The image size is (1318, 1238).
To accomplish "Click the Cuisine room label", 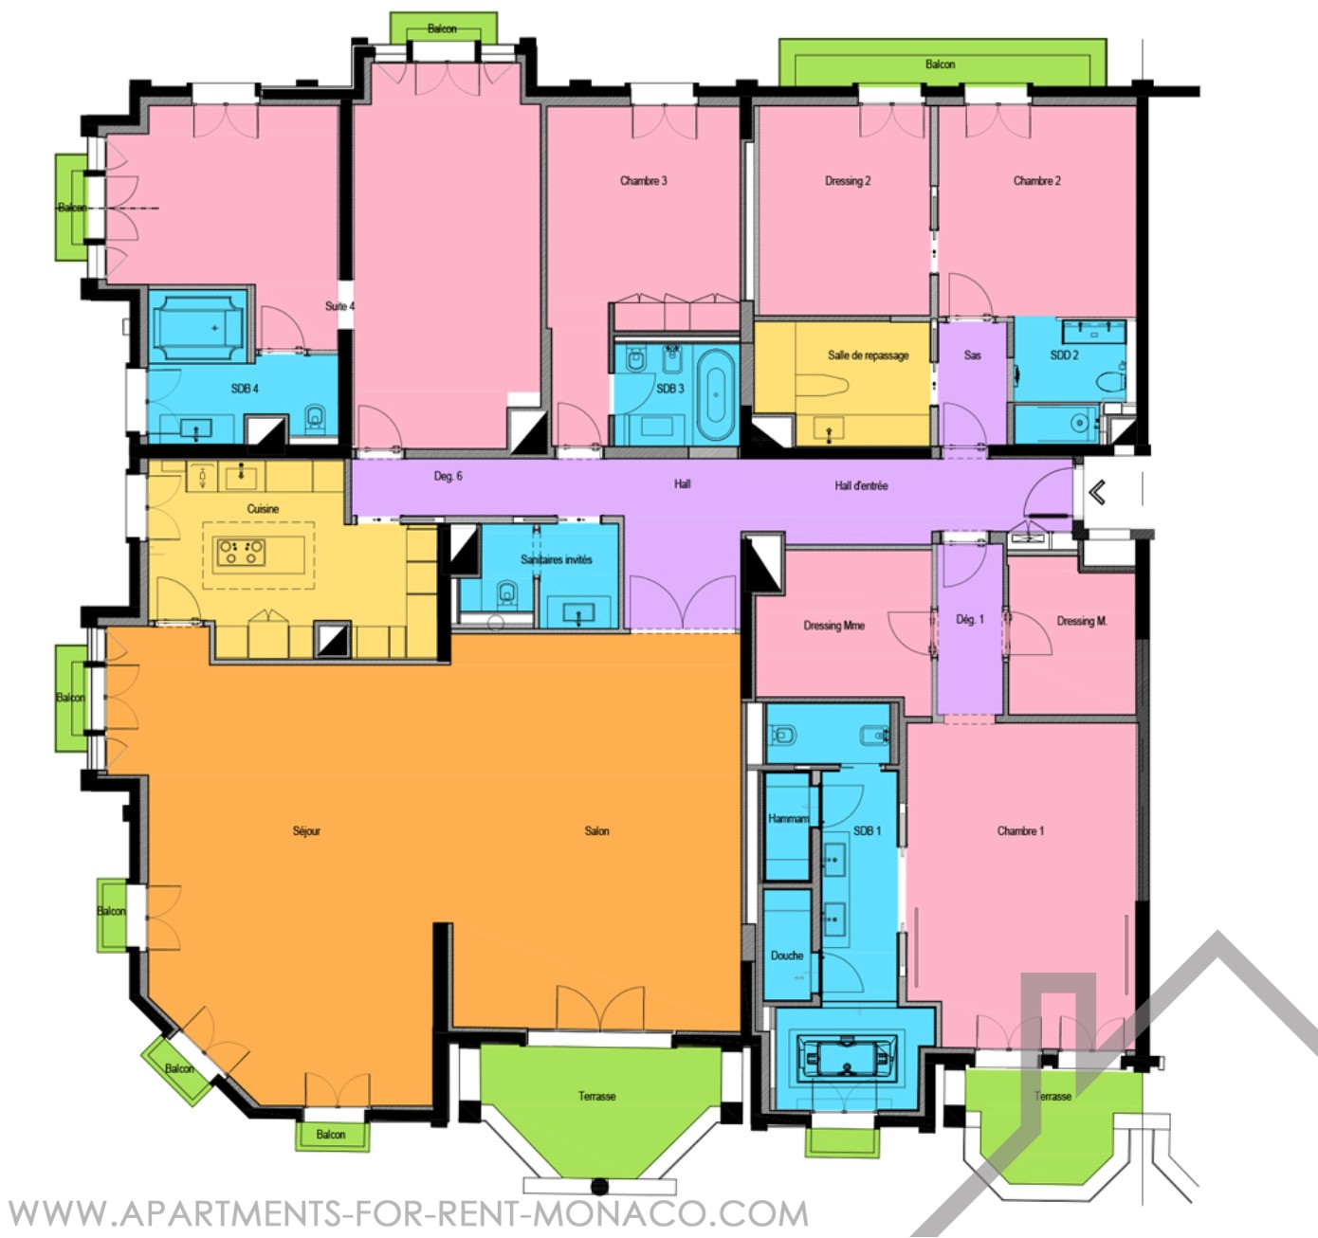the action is (x=263, y=509).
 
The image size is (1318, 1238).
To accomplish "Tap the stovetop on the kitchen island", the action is (x=241, y=552).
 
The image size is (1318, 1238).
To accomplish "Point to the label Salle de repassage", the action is (x=868, y=355).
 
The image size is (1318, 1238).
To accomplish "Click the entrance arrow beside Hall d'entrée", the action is (x=1097, y=492).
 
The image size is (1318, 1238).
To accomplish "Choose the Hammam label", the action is (x=788, y=818).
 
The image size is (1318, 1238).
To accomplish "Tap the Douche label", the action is (x=786, y=956).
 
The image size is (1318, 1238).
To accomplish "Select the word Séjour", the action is (x=306, y=830).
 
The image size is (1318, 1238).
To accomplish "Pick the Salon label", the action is (x=596, y=830).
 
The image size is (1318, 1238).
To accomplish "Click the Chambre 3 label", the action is (x=643, y=180).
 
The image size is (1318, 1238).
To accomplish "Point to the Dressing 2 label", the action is (x=848, y=180).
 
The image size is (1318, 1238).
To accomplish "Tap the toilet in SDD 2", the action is (x=1110, y=382).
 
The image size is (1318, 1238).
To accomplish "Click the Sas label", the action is (x=972, y=355).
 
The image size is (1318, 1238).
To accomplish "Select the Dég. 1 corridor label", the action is (x=970, y=619).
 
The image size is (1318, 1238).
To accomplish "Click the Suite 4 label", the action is (x=339, y=306).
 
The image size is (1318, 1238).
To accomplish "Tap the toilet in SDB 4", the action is (x=315, y=417).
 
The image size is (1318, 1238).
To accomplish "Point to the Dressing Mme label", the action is (x=834, y=625).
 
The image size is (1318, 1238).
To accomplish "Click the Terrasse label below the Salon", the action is (x=596, y=1096).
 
